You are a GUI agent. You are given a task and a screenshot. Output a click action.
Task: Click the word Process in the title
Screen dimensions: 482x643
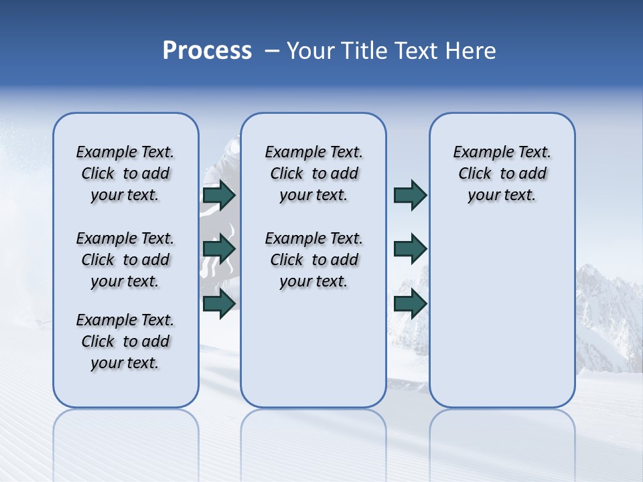[207, 51]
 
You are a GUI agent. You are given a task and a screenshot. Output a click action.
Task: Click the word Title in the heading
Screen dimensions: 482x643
[363, 51]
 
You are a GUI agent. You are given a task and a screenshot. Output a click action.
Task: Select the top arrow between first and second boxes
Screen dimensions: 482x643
[219, 195]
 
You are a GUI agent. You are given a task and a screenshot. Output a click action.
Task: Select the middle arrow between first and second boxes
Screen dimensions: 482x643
[219, 249]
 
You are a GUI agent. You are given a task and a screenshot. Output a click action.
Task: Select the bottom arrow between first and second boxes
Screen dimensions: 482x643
[219, 304]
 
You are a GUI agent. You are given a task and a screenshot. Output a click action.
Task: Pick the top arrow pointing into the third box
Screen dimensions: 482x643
[410, 195]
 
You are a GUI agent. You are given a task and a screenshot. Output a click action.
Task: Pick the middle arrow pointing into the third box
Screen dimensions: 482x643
[410, 249]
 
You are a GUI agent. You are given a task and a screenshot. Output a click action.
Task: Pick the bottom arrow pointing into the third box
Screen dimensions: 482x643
[410, 304]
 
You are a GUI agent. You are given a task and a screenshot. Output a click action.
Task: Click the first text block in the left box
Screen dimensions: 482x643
[125, 173]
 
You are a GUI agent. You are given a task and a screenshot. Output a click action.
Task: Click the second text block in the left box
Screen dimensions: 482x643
[125, 260]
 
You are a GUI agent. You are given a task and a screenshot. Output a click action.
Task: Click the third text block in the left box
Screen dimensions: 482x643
[125, 341]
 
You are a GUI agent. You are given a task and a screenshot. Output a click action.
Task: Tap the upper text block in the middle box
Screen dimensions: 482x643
[313, 173]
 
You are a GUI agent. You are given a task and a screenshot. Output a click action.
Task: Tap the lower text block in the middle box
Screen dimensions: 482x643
[313, 260]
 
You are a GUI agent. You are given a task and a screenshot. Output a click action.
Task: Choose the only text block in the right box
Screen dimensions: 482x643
[502, 173]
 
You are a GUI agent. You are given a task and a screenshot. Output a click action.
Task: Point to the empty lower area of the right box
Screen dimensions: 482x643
[502, 315]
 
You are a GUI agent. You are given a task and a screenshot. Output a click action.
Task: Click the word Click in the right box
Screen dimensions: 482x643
[475, 174]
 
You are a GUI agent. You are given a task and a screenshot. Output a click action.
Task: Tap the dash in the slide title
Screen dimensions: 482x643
[271, 51]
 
